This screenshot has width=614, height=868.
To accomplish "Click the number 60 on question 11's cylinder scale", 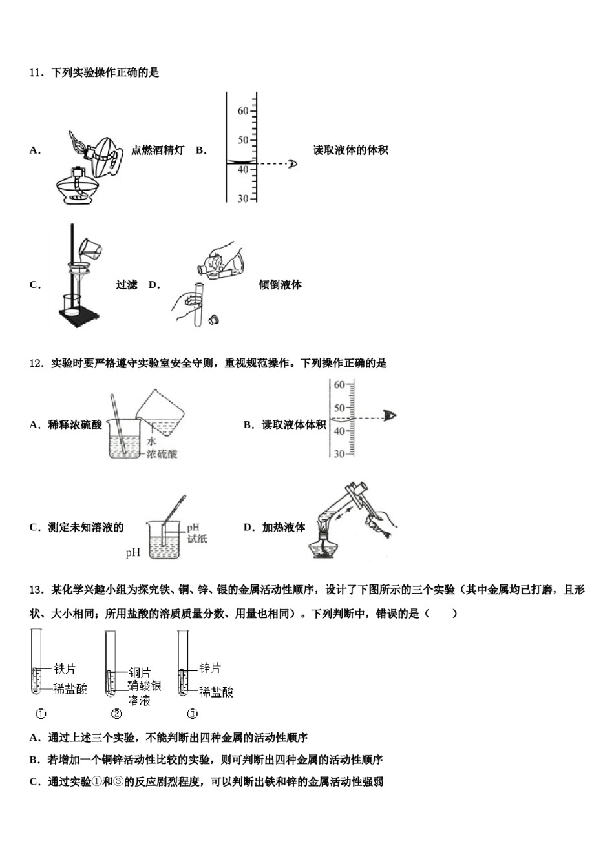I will (x=242, y=110).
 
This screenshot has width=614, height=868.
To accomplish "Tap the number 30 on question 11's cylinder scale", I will (x=242, y=198).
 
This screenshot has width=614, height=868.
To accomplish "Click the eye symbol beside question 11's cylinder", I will (x=292, y=163).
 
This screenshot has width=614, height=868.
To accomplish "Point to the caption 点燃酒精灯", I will (x=158, y=150).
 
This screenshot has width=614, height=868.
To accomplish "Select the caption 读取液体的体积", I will (x=350, y=150).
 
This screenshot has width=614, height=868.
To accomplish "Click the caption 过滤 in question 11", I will (x=127, y=285).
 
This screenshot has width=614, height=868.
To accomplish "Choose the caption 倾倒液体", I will (x=280, y=285).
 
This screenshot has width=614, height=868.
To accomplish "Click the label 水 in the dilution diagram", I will (x=152, y=441).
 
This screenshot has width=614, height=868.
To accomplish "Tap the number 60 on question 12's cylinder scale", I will (x=339, y=385).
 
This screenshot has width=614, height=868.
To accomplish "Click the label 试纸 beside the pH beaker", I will (x=196, y=539).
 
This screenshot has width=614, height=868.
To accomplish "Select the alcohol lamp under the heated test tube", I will (x=325, y=546).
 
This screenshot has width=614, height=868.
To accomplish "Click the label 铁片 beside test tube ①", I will (x=65, y=669).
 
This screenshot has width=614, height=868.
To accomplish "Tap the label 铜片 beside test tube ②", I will (x=139, y=672).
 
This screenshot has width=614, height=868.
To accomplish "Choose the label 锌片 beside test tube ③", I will (x=210, y=668).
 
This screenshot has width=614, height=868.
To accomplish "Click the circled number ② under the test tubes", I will (x=116, y=714).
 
